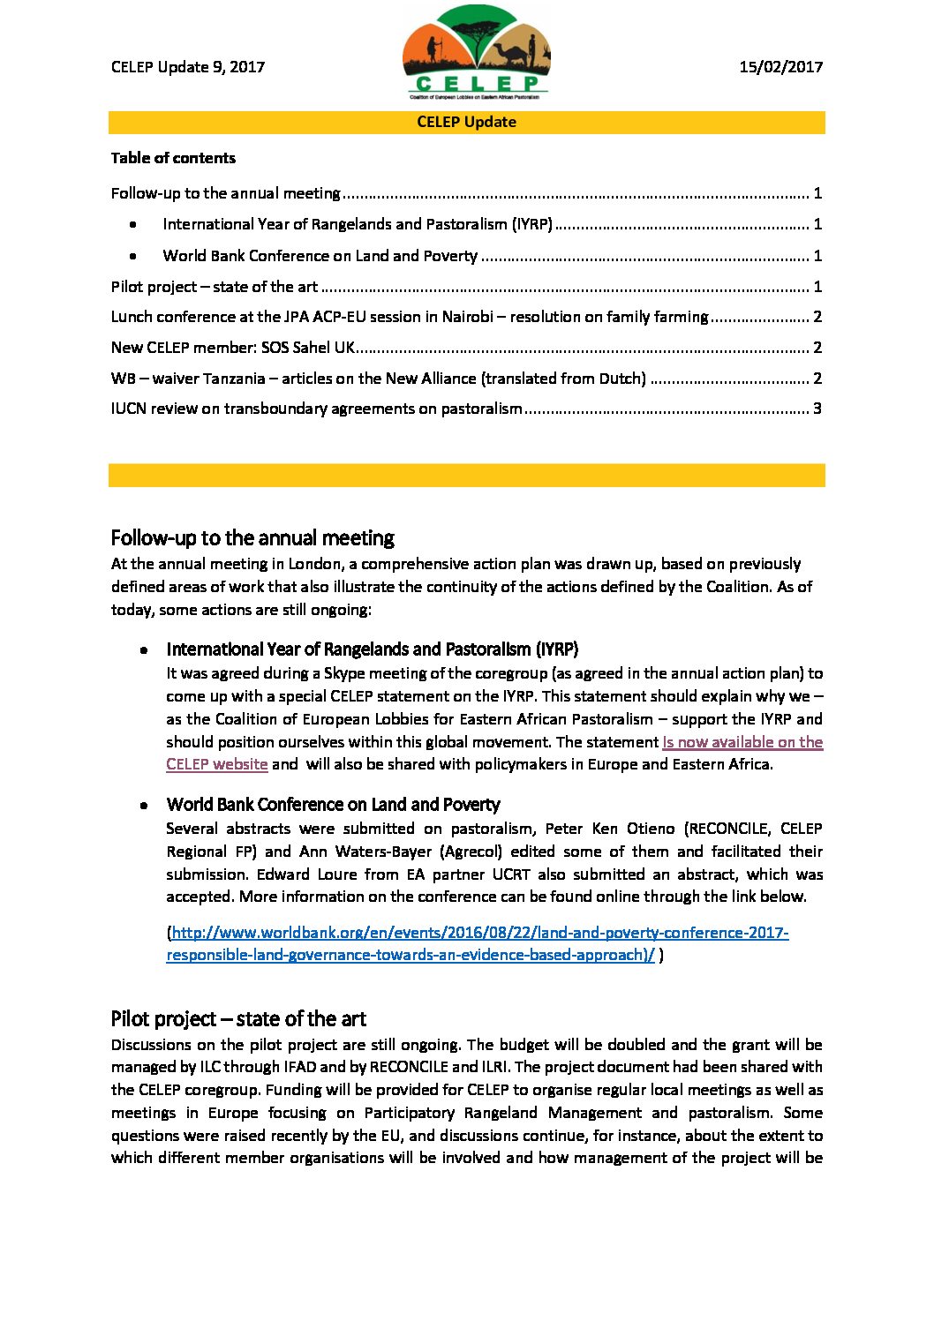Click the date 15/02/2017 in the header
[780, 67]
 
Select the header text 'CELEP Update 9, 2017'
[188, 67]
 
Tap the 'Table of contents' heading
[173, 158]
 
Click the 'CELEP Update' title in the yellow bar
[466, 122]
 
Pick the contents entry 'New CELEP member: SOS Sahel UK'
[233, 348]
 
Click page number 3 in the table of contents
[817, 409]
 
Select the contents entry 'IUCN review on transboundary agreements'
[317, 409]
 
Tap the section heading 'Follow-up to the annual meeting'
[252, 537]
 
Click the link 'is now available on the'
[742, 742]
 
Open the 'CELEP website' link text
[217, 764]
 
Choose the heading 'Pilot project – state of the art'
[238, 1018]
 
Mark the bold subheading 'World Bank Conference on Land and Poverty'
[333, 805]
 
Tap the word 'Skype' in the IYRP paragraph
[344, 673]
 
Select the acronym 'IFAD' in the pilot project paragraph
[300, 1067]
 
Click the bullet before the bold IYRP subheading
[143, 650]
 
